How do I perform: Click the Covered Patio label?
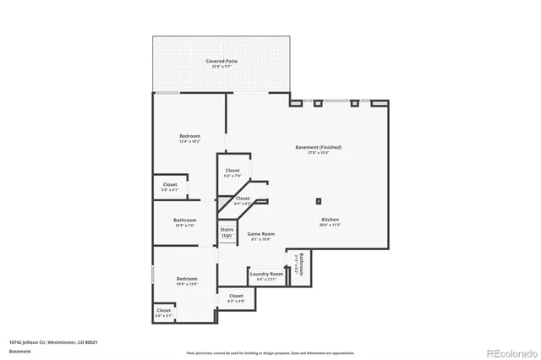(x=221, y=62)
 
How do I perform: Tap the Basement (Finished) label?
(x=318, y=147)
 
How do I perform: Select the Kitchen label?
(x=330, y=220)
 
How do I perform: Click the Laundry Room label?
(x=265, y=274)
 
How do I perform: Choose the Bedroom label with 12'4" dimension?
(x=189, y=136)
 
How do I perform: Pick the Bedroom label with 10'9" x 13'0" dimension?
(x=187, y=279)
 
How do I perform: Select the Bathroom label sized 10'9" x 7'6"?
(x=184, y=220)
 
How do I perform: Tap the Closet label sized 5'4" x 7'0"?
(x=232, y=171)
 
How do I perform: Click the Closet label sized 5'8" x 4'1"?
(x=170, y=184)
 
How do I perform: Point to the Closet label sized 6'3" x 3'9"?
(x=236, y=296)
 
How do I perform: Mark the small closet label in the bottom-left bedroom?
(x=164, y=310)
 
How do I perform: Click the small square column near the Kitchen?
(x=319, y=201)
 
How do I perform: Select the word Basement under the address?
(x=19, y=351)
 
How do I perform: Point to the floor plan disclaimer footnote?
(x=270, y=352)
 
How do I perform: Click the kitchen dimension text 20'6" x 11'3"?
(x=330, y=225)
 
